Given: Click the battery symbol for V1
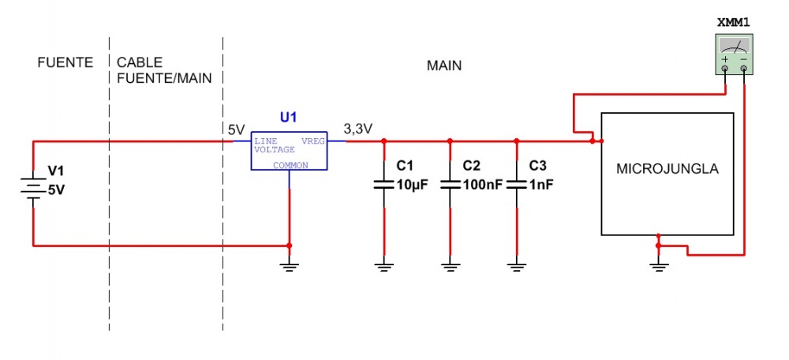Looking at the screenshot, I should pos(32,189).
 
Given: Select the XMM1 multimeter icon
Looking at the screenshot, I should pos(735,54).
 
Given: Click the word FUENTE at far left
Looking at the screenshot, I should pos(65,62).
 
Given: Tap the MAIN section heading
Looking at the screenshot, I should pos(443,66).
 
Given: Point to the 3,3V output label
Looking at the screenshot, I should pos(357,129).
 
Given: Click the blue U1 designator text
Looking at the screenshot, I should pos(289,118).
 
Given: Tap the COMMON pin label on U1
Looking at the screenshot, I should pos(290,165).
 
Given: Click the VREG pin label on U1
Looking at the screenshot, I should pos(312,141).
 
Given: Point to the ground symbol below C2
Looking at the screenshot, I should pos(450,267).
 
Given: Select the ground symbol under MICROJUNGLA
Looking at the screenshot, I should pos(658,267).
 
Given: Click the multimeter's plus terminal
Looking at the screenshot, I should pos(725,69).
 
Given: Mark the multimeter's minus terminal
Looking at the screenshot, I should pos(743,69).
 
